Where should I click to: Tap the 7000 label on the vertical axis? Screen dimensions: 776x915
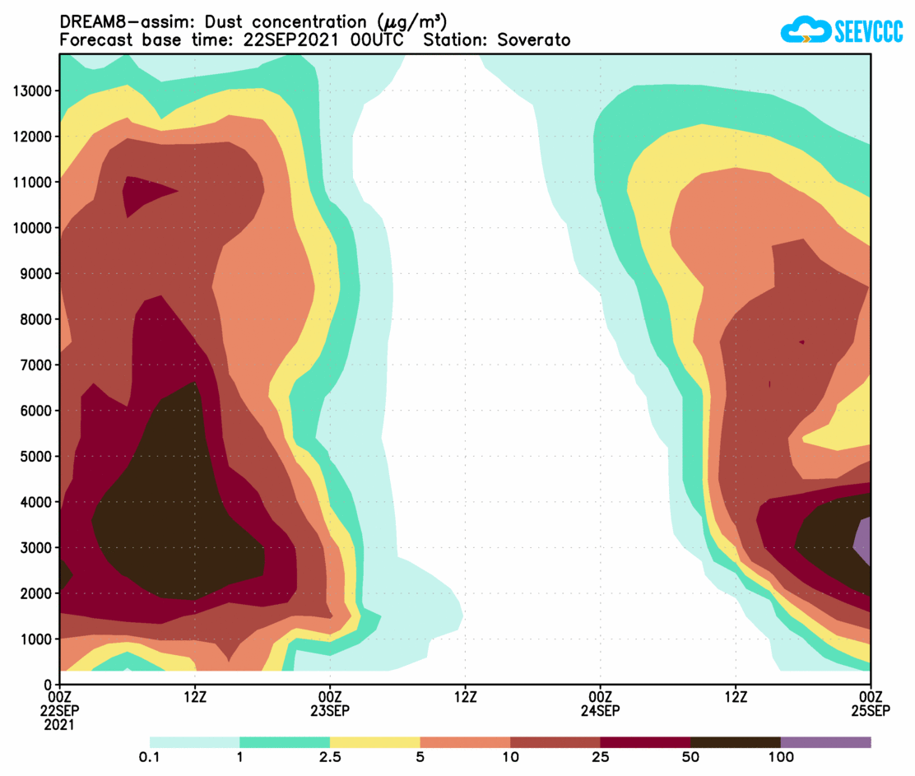coord(37,365)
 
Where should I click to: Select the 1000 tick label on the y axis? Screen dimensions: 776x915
coord(37,639)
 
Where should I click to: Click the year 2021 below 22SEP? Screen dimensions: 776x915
coord(60,725)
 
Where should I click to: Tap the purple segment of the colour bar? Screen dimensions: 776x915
coord(825,741)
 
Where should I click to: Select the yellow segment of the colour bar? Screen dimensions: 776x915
coord(374,741)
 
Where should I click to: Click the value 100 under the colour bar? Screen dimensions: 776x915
coord(780,758)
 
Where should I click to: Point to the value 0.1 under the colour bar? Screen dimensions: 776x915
coord(150,758)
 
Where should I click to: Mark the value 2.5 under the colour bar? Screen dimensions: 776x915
coord(330,758)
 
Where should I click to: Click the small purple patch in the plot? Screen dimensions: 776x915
coord(863,541)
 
